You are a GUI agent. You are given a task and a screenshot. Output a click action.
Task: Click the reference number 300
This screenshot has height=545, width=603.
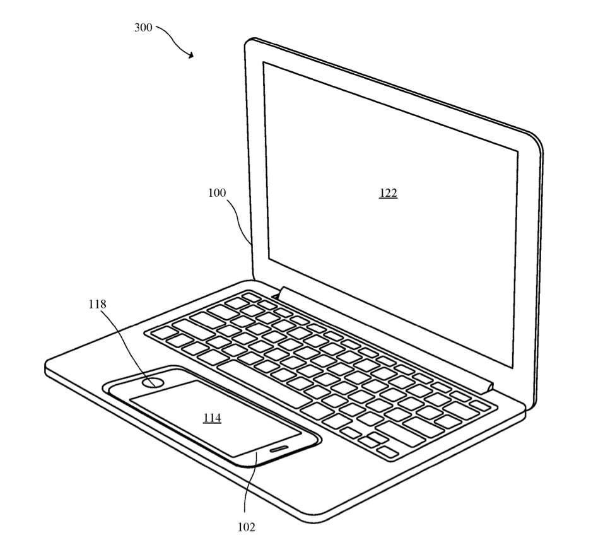click(143, 28)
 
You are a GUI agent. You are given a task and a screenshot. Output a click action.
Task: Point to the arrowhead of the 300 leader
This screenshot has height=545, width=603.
click(191, 56)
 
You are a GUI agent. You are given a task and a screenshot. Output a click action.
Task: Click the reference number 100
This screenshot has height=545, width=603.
click(217, 192)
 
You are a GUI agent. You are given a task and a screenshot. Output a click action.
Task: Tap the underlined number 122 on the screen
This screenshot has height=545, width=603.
click(388, 193)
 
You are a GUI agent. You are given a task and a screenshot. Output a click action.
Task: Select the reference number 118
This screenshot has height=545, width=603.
click(97, 304)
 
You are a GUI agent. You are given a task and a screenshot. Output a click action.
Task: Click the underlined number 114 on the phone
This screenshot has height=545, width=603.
click(213, 418)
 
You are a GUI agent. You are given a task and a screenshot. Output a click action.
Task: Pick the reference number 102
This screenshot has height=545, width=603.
click(246, 527)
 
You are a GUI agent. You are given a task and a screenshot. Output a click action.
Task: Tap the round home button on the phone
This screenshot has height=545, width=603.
click(153, 382)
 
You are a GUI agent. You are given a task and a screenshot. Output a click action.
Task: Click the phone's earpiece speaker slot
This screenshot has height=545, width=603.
click(278, 448)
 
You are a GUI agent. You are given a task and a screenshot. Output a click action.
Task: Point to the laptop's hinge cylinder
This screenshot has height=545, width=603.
click(385, 339)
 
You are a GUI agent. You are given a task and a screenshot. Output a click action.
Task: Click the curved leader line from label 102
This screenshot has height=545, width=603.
click(249, 481)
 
